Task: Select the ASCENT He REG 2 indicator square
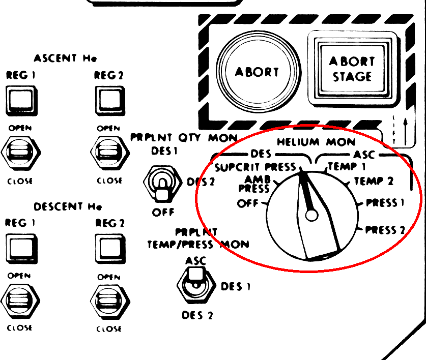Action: [x=109, y=99]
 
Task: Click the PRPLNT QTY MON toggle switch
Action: [x=161, y=186]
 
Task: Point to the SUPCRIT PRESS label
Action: [x=255, y=167]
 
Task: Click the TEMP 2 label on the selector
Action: [x=374, y=181]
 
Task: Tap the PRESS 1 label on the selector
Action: [x=386, y=203]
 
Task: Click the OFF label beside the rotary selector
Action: [x=248, y=203]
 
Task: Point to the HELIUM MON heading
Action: [x=316, y=142]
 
